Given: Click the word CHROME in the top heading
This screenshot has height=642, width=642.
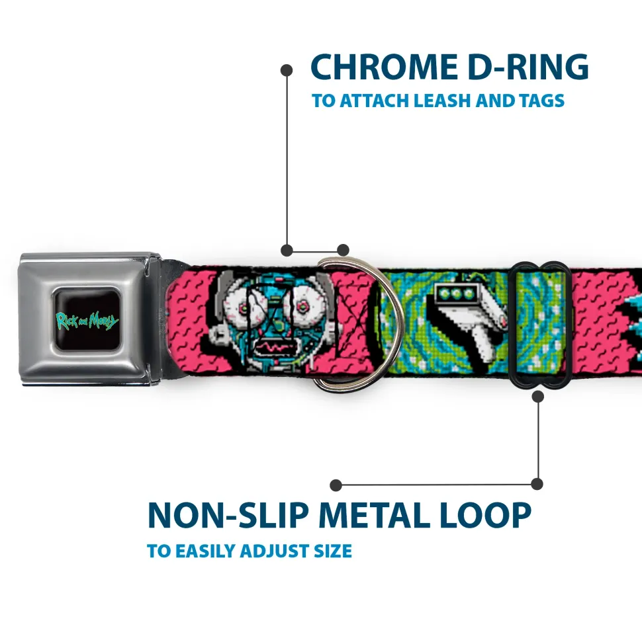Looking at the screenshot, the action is pos(384,67).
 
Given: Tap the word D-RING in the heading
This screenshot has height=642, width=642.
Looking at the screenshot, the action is pos(528,67).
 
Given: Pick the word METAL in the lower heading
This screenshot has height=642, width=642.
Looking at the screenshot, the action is pos(375,515).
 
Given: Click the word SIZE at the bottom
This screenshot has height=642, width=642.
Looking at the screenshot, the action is pos(333,551).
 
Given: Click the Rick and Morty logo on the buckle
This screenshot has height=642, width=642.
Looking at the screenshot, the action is pos(87,321).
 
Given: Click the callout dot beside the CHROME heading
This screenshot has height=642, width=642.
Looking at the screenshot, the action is pos(287,71).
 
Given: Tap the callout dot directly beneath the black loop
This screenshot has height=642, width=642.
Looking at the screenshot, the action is pos(537,396).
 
